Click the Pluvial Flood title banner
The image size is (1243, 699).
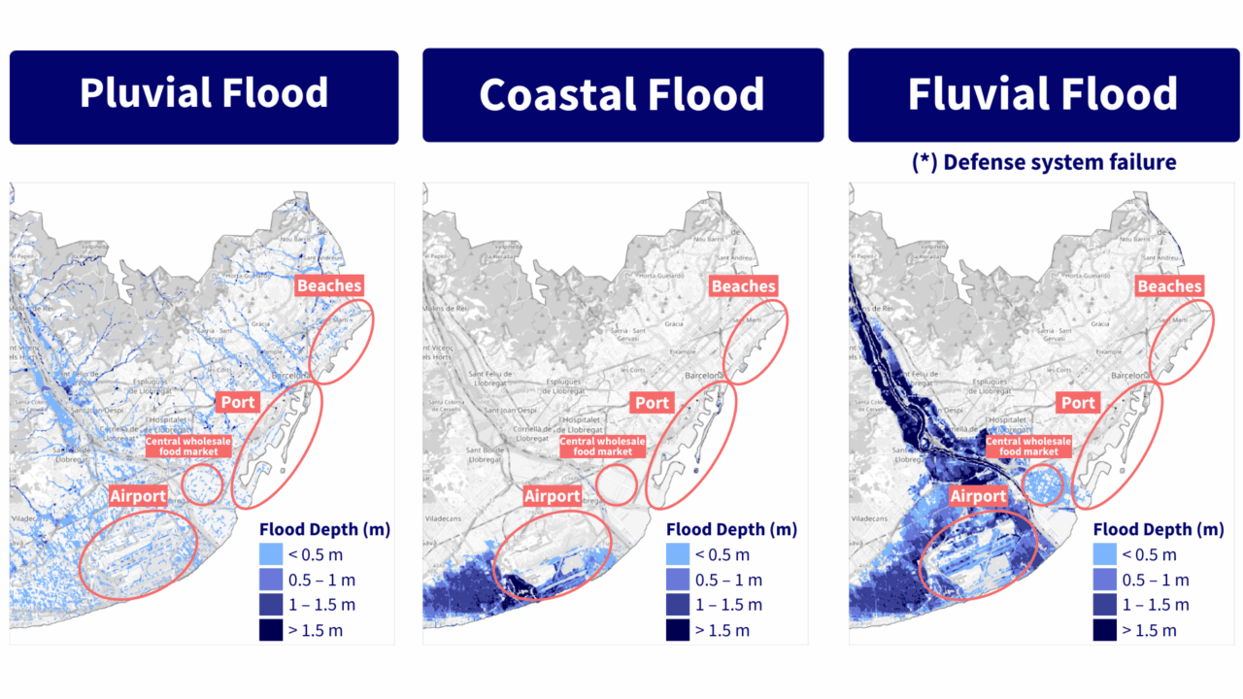coord(204,95)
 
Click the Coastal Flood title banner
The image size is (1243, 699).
coord(622,95)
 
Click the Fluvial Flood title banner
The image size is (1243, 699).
coord(1044,95)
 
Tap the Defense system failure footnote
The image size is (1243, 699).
coord(1044,161)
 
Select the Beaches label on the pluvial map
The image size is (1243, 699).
coord(330,285)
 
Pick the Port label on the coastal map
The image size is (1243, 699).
coord(652,403)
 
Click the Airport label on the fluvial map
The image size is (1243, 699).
coord(978,496)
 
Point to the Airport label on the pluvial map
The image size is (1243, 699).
coord(138,496)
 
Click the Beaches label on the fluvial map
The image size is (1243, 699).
coord(1169,285)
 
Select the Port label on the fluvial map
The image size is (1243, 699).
coord(1078,403)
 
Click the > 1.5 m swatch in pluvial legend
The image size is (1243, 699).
coord(273,630)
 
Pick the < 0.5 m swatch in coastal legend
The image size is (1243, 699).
coord(679,554)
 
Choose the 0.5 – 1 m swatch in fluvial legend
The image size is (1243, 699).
coord(1105,580)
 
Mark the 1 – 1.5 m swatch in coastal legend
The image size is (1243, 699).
coord(679,605)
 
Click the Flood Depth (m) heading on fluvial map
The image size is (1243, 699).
coord(1159,529)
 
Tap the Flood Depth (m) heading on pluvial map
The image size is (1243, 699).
coord(325,529)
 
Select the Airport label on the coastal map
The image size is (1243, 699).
coord(553,496)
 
